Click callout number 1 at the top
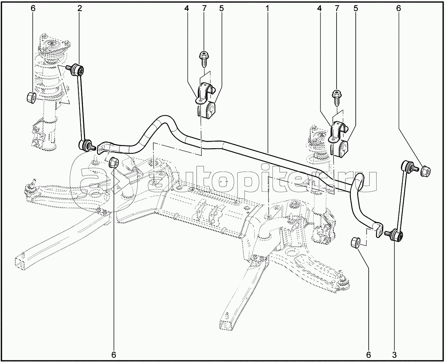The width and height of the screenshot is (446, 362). [x=267, y=8]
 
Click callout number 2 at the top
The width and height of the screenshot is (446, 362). [x=79, y=8]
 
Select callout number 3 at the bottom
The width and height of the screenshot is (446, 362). [x=394, y=354]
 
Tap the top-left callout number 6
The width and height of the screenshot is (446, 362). [x=33, y=8]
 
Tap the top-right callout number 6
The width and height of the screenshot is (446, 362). [x=399, y=8]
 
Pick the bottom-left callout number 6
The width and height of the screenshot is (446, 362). [x=114, y=354]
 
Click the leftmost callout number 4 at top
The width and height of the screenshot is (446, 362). [x=186, y=8]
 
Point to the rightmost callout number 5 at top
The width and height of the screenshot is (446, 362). [x=356, y=8]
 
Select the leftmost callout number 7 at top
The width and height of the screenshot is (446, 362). [x=205, y=8]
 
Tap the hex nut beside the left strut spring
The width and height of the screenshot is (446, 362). [x=32, y=97]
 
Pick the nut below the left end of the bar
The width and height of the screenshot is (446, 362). [x=114, y=162]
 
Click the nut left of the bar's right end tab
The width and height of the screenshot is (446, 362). [x=355, y=242]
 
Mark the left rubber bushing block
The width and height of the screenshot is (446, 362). [x=211, y=111]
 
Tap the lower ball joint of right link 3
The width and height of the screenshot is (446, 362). [x=396, y=235]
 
